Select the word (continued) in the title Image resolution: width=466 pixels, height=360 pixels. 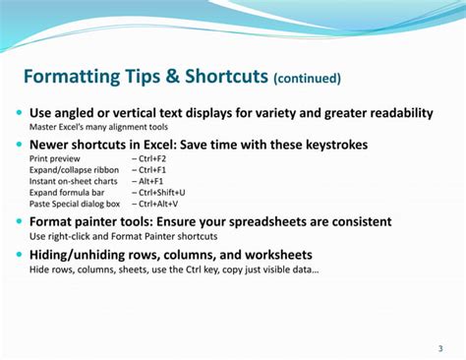pyautogui.click(x=308, y=79)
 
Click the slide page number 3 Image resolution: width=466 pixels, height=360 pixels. pyautogui.click(x=439, y=348)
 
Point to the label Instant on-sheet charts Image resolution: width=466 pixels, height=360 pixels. pyautogui.click(x=72, y=181)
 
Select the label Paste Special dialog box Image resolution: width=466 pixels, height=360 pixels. pyautogui.click(x=75, y=204)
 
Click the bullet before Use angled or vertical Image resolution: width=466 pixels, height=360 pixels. pyautogui.click(x=20, y=113)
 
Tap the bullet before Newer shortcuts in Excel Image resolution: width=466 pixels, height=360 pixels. pyautogui.click(x=20, y=145)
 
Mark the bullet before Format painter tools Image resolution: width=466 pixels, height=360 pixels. pyautogui.click(x=20, y=221)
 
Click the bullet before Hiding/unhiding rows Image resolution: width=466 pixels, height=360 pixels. pyautogui.click(x=20, y=254)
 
